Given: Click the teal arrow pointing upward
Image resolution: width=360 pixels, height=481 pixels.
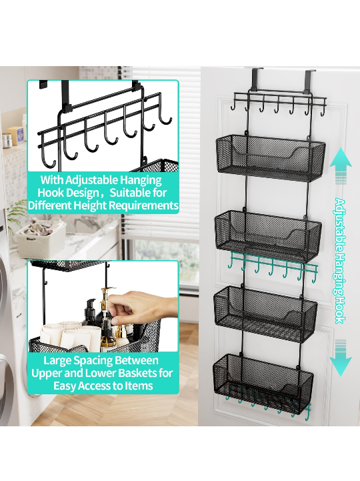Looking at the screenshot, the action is (341, 166).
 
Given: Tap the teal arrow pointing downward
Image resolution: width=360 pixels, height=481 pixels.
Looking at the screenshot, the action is (341, 358).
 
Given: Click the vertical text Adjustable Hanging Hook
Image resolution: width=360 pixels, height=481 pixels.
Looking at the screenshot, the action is (340, 261).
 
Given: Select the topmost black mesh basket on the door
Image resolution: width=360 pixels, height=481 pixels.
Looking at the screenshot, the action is (271, 157).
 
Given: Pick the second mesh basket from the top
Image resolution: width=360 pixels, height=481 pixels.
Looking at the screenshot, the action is (268, 235).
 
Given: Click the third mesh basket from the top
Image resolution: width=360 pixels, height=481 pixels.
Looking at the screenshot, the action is (265, 314).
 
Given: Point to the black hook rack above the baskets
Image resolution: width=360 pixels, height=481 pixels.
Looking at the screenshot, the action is (279, 103).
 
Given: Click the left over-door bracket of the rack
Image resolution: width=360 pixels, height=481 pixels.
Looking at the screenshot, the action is (257, 79).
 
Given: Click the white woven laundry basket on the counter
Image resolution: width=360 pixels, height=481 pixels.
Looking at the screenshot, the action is (40, 239).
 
